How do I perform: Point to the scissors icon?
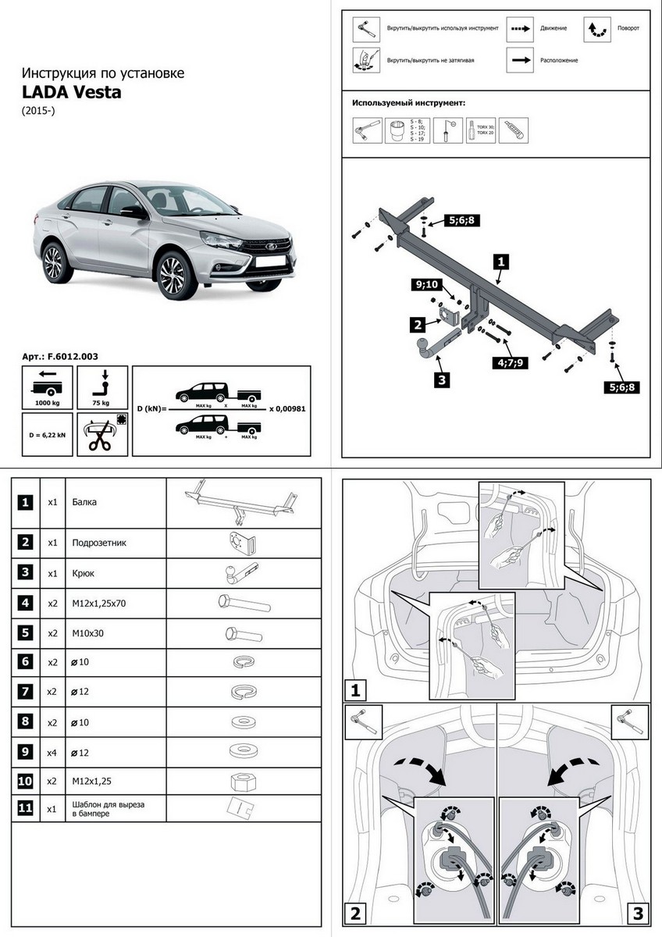[x=100, y=436]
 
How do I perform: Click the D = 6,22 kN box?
[x=47, y=434]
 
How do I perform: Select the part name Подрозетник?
[x=98, y=542]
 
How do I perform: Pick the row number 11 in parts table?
[x=26, y=808]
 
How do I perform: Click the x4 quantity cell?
[x=52, y=751]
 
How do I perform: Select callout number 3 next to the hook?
[x=442, y=380]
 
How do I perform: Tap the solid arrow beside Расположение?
[x=521, y=60]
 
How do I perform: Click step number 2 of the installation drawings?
[x=355, y=913]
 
